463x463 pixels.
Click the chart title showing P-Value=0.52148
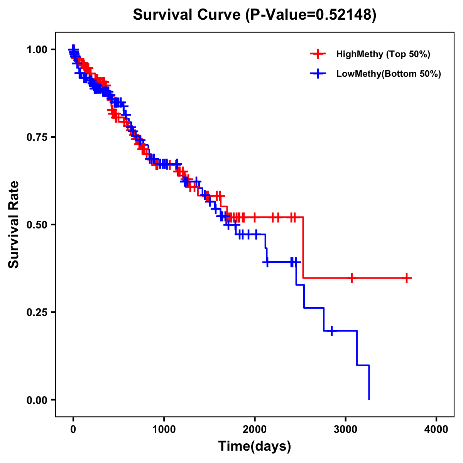tap(255, 15)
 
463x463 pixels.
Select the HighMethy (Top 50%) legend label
tap(383, 54)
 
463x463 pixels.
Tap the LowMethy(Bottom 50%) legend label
tap(389, 74)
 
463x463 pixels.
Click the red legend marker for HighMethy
tap(318, 54)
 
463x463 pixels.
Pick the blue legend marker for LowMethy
tap(318, 74)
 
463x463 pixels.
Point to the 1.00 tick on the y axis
tap(37, 49)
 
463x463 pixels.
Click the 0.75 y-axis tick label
tap(37, 137)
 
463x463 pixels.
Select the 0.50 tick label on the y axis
tap(37, 225)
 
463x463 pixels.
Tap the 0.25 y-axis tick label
tap(37, 312)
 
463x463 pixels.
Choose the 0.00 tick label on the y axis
tap(37, 400)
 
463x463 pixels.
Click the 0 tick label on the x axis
tap(73, 429)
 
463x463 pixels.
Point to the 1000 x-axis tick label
tap(164, 429)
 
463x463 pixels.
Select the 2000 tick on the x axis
tap(255, 429)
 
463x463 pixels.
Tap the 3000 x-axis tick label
tap(346, 429)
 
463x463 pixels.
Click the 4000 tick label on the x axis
tap(436, 429)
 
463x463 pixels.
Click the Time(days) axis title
tap(255, 446)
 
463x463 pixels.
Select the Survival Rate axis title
tap(14, 225)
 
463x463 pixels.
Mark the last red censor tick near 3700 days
tap(407, 278)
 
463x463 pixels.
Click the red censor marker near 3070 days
tap(351, 278)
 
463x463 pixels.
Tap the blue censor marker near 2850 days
tap(331, 331)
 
